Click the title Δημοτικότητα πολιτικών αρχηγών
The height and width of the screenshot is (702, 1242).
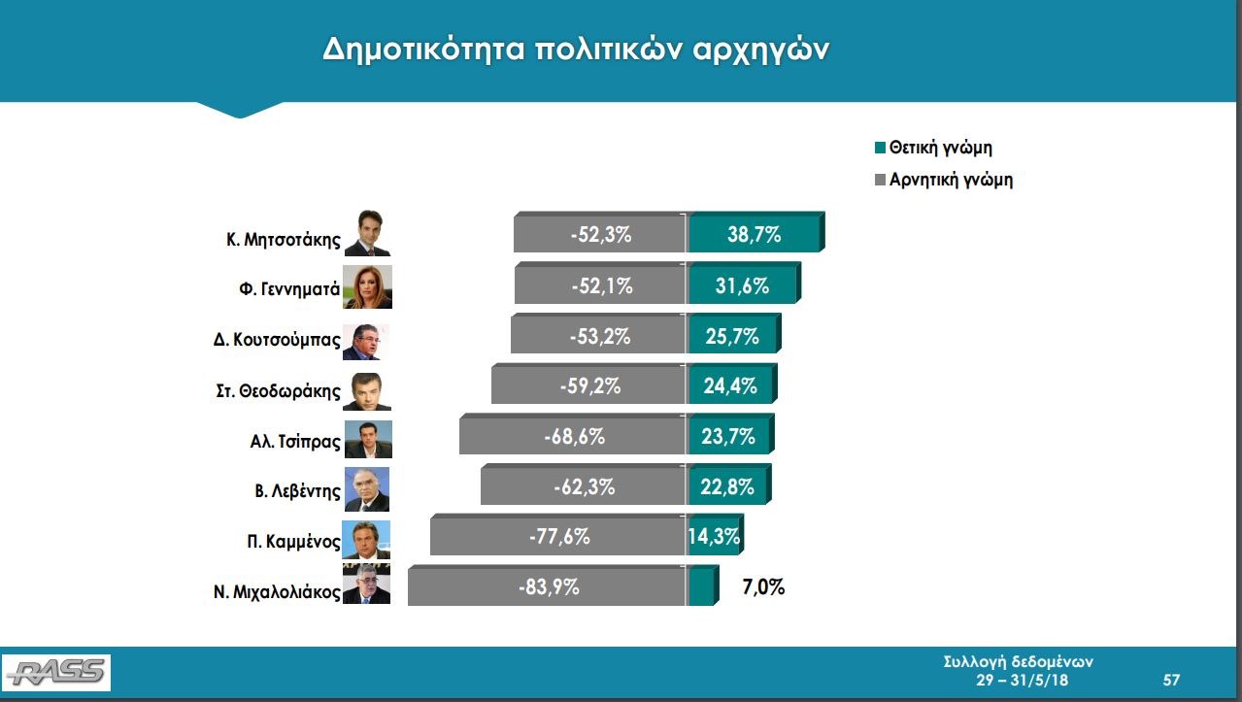pos(576,50)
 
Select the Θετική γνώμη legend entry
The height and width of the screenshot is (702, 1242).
pos(933,148)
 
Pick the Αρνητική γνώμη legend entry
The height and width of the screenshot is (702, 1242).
pos(944,180)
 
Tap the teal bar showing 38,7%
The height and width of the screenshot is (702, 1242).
pos(755,232)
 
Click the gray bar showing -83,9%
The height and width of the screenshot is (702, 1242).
pos(548,586)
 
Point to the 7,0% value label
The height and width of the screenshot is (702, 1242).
pos(763,586)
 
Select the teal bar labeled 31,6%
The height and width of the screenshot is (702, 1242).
pos(743,283)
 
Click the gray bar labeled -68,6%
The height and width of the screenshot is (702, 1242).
pos(573,434)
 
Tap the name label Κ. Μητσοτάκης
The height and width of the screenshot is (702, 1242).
pos(284,240)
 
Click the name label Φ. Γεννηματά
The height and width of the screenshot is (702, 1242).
pos(289,289)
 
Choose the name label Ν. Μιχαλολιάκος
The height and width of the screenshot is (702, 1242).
pos(277,591)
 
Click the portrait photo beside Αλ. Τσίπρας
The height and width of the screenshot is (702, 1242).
pos(368,439)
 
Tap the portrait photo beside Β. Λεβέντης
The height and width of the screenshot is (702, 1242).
pos(366,489)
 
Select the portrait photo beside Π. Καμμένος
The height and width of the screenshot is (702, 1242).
pos(366,540)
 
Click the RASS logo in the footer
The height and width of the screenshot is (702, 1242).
pos(56,673)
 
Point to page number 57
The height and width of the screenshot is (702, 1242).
pos(1171,680)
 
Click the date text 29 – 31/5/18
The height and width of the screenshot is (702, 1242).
pos(1022,680)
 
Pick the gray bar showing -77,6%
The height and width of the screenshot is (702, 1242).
pos(558,535)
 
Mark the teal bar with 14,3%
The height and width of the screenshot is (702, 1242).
pos(714,535)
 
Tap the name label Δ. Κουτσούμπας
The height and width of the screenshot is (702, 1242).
pos(277,340)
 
